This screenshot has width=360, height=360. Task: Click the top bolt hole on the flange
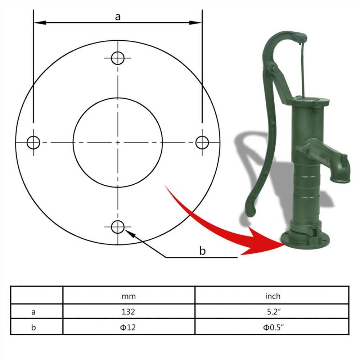(118, 58)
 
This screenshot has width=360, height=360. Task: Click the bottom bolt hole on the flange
(118, 227)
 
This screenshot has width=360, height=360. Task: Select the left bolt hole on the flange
(33, 143)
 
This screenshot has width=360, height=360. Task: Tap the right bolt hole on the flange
(202, 143)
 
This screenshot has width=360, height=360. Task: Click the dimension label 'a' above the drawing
(118, 17)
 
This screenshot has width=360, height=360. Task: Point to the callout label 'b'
(202, 251)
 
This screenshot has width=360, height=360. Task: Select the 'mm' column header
(129, 296)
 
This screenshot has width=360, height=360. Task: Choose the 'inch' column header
(273, 296)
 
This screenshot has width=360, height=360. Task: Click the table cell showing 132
(129, 311)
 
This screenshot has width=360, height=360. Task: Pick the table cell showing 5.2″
(273, 311)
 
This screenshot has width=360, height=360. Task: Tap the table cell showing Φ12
(129, 327)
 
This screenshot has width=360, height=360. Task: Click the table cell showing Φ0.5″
(273, 327)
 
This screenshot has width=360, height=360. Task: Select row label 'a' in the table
(33, 312)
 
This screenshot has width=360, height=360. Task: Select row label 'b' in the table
(33, 327)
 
